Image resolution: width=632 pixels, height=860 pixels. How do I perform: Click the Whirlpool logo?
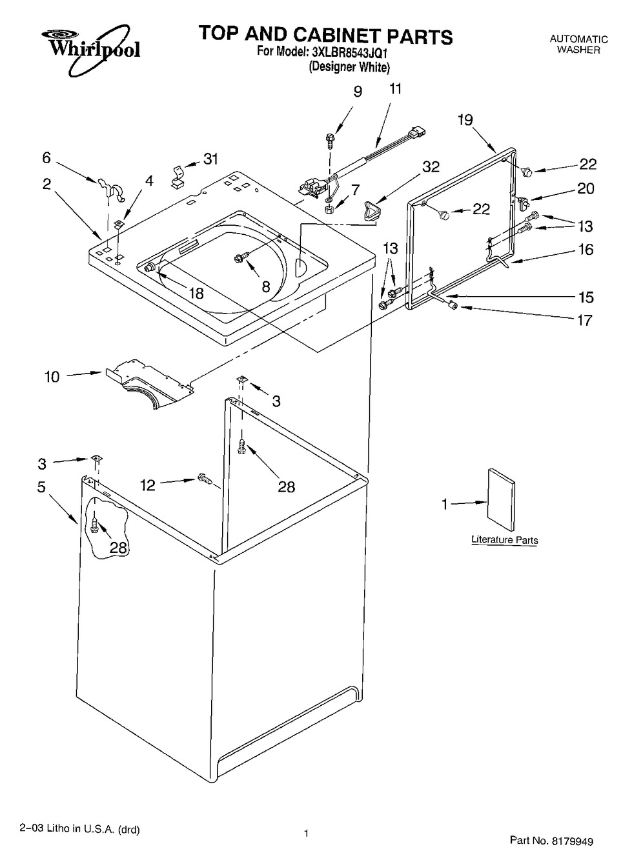click(90, 48)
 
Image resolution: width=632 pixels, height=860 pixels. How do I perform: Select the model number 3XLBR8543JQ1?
click(349, 53)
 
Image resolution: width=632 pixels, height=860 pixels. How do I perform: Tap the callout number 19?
click(465, 120)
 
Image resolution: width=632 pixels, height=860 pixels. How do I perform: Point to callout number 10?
click(52, 377)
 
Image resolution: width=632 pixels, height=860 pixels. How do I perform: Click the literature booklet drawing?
click(501, 499)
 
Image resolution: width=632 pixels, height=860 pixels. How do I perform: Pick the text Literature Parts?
click(504, 539)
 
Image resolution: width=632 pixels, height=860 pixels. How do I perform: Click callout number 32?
click(431, 167)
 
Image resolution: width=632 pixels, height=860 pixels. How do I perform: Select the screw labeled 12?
click(204, 478)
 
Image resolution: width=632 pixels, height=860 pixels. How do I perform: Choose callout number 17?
click(585, 320)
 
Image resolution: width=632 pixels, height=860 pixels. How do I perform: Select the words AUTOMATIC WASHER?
click(578, 44)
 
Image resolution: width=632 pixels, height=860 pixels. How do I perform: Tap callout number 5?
click(41, 487)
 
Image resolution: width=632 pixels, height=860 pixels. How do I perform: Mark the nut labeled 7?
click(329, 210)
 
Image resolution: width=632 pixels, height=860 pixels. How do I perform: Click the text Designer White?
click(349, 67)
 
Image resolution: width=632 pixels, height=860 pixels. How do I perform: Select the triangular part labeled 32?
click(370, 210)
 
